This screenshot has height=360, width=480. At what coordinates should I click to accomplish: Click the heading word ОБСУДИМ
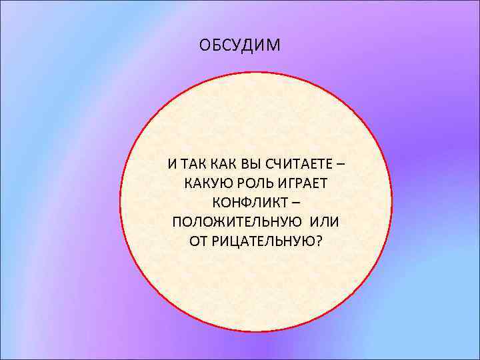pyautogui.click(x=241, y=46)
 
